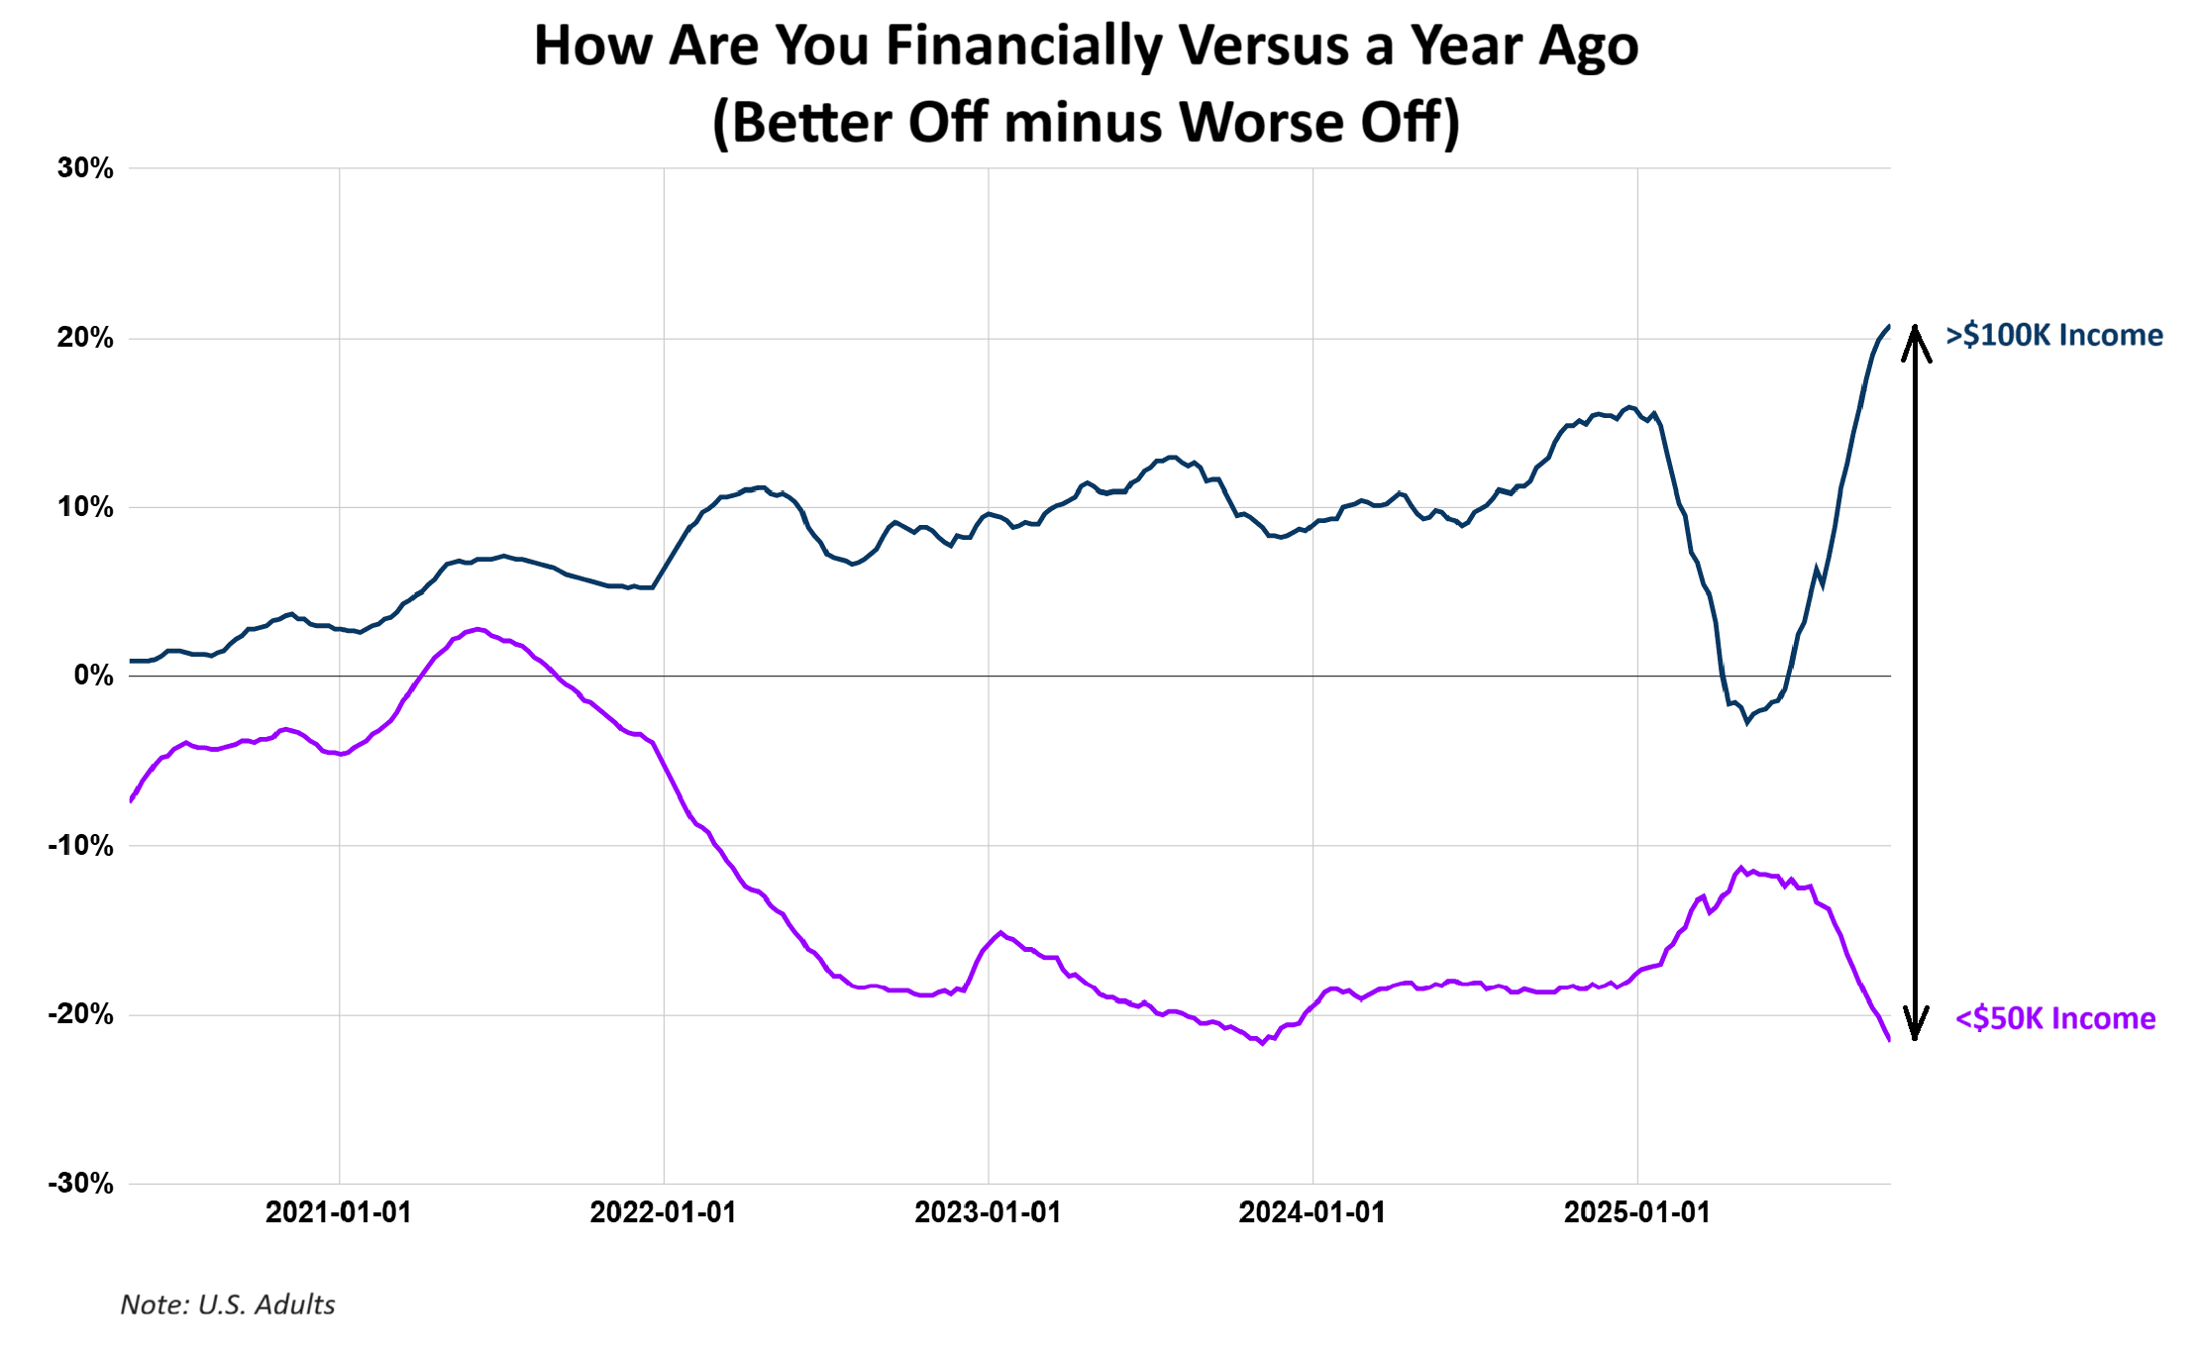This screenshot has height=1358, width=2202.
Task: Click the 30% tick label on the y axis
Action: click(x=85, y=168)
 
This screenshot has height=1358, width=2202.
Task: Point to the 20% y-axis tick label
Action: click(x=85, y=338)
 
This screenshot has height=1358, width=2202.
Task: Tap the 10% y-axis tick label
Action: click(x=85, y=507)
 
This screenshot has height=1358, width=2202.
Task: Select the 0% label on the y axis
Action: click(x=94, y=676)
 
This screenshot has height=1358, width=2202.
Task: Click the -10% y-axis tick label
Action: click(x=81, y=846)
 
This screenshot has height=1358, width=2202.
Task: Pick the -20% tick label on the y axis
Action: click(x=81, y=1014)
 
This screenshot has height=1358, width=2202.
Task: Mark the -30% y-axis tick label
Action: click(x=81, y=1184)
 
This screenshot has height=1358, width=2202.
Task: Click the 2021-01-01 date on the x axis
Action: click(x=339, y=1212)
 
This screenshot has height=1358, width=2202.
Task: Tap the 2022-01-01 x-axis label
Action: click(x=664, y=1212)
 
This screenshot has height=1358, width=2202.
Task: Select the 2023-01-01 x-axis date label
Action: click(x=988, y=1212)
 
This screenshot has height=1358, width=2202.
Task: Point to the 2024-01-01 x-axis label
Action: click(x=1312, y=1212)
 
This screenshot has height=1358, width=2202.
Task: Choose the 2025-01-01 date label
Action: click(x=1637, y=1212)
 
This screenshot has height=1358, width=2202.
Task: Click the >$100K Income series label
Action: click(x=2054, y=335)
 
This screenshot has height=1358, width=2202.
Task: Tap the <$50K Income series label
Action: click(x=2055, y=1018)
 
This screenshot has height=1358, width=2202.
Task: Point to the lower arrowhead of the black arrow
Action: click(x=1916, y=1025)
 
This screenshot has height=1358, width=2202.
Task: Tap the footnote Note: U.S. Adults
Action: click(x=228, y=1305)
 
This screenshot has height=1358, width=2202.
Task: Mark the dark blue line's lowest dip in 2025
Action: click(x=1747, y=722)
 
